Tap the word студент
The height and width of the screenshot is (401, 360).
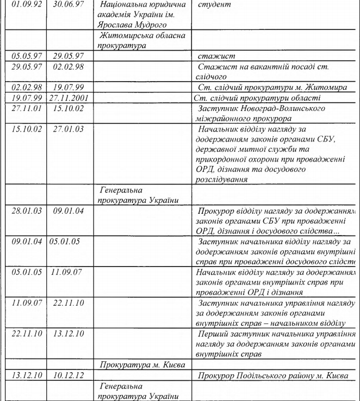tap(214, 4)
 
